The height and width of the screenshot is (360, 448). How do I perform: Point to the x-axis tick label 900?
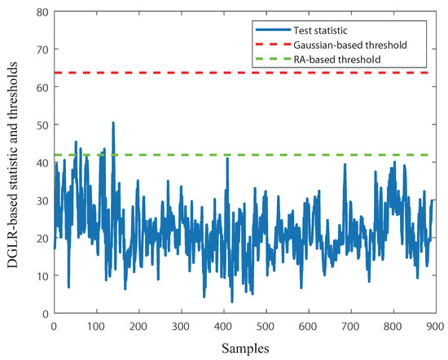click(x=435, y=325)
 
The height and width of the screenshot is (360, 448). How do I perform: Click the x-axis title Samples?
click(x=244, y=348)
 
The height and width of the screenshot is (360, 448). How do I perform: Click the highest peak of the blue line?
click(x=113, y=123)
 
